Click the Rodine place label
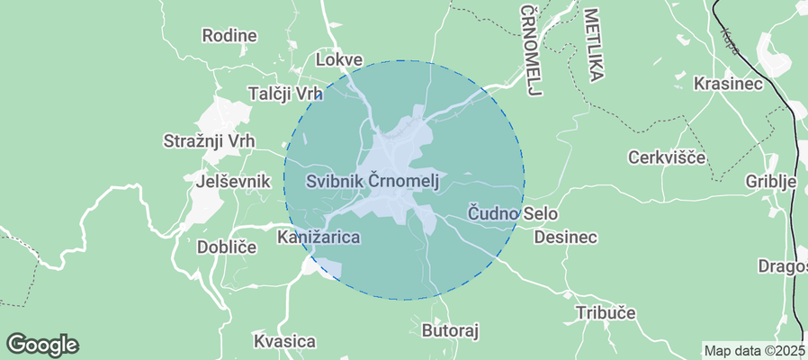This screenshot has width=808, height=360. [x=229, y=36]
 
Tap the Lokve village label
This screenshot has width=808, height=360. [x=340, y=60]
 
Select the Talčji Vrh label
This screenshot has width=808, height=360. [x=284, y=94]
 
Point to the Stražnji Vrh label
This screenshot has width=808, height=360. [x=210, y=141]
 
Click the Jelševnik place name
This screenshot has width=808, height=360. [x=233, y=181]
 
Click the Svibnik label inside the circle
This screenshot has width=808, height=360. [x=334, y=181]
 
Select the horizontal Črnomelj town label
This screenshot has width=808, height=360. [x=404, y=181]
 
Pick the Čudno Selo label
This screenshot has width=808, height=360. [x=513, y=214]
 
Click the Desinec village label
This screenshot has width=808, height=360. [x=565, y=238]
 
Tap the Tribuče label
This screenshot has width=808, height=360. [x=606, y=313]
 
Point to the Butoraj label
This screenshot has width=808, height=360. [x=451, y=331]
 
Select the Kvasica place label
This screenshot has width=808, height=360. [x=284, y=341]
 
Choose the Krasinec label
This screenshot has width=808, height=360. [x=729, y=83]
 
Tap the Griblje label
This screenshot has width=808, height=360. [x=772, y=181]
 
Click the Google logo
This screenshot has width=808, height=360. [x=42, y=344]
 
